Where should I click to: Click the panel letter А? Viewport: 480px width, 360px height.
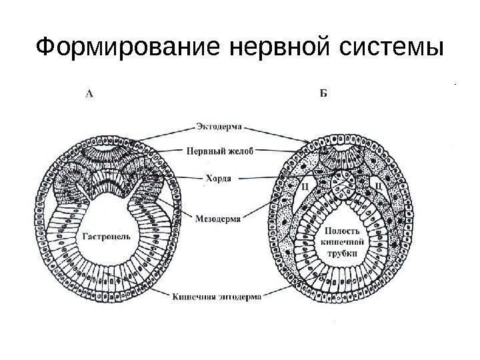[90, 94]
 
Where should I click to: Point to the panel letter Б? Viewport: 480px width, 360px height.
[323, 94]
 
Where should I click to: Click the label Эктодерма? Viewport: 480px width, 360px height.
[221, 124]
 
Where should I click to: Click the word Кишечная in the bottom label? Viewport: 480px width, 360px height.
[194, 297]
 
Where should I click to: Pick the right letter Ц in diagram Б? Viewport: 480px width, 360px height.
[379, 182]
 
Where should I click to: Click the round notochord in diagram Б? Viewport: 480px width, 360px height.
[344, 185]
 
